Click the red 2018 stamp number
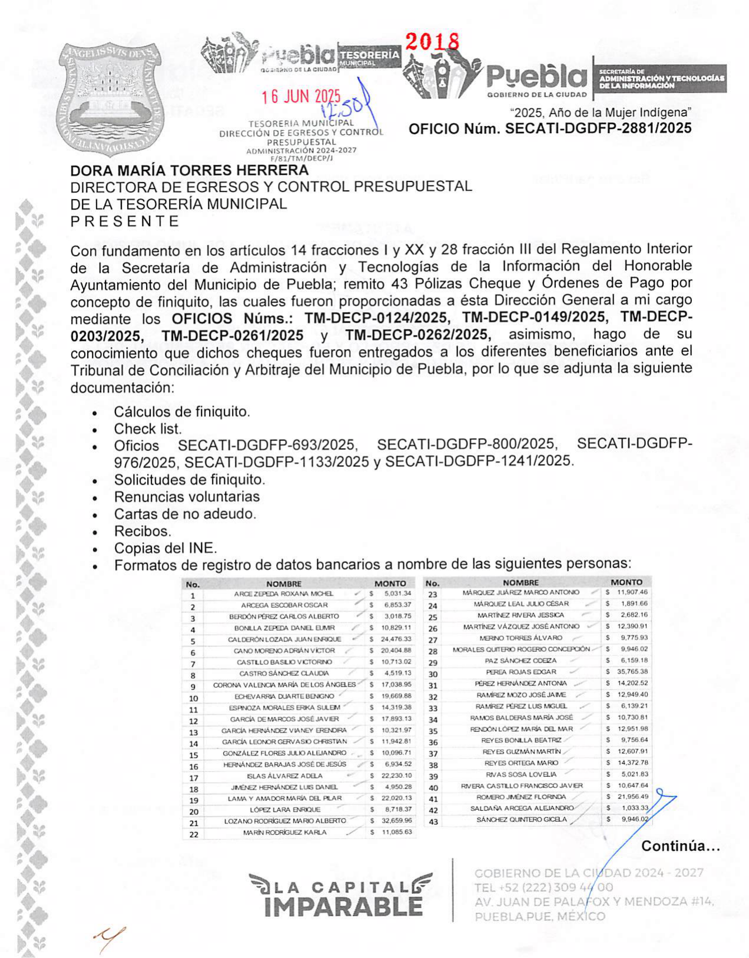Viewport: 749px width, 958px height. (x=432, y=41)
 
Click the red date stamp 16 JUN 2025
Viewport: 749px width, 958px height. (x=301, y=97)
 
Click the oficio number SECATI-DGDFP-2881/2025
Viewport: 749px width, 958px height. (x=550, y=128)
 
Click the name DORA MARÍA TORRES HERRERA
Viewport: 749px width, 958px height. (x=189, y=171)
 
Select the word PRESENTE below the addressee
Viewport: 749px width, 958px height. (x=124, y=221)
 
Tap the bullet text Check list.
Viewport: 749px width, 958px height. (x=148, y=429)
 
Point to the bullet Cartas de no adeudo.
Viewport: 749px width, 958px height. (x=185, y=513)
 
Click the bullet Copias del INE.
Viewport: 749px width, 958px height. (x=165, y=548)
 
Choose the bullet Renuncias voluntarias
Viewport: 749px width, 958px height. (x=187, y=496)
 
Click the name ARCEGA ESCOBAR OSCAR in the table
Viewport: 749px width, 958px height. (x=284, y=605)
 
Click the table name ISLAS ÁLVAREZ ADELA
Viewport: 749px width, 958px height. (x=284, y=775)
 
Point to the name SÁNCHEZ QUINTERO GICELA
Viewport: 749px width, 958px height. (x=521, y=820)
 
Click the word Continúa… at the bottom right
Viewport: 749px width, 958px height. (x=680, y=846)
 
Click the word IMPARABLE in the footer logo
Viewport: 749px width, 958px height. (x=343, y=907)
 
